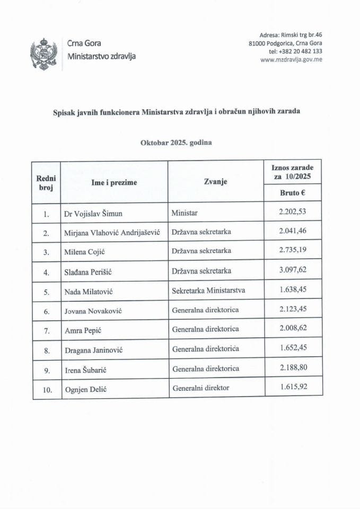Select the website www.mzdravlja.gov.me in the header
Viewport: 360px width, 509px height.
point(292,60)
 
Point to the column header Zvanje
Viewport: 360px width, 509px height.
point(215,182)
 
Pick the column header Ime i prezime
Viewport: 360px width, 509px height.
point(114,182)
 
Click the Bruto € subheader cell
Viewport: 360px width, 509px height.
point(293,194)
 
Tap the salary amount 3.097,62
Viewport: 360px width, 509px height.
point(293,271)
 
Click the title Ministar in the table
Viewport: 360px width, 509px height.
point(185,214)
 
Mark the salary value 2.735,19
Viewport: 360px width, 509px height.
point(293,252)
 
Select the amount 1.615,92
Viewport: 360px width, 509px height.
point(293,387)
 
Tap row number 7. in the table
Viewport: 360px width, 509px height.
point(47,330)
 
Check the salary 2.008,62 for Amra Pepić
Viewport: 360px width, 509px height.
point(293,329)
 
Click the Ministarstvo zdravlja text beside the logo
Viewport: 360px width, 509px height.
point(101,57)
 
